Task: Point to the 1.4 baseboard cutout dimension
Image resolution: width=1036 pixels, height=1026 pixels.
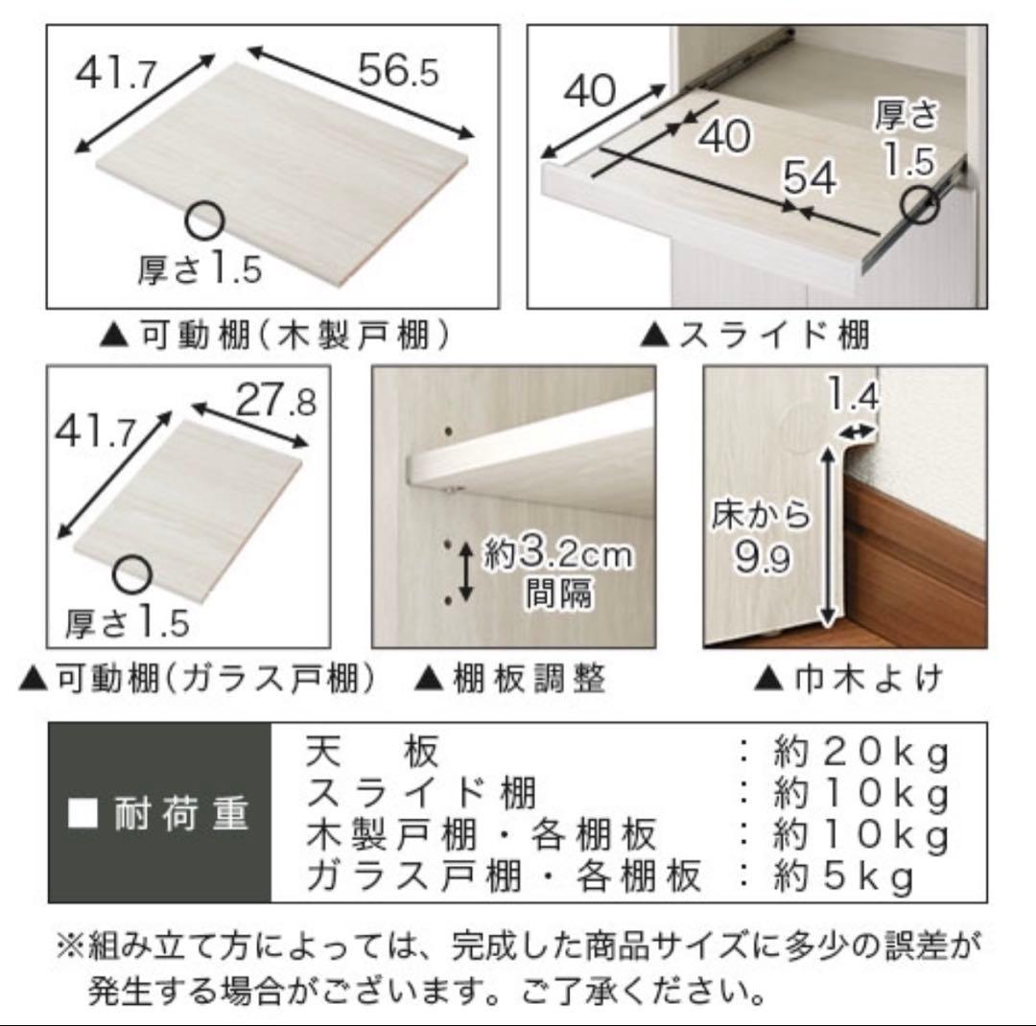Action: pyautogui.click(x=851, y=394)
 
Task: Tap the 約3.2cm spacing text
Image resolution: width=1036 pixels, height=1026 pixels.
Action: pyautogui.click(x=557, y=555)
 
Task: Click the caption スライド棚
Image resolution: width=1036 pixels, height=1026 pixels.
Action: pyautogui.click(x=755, y=335)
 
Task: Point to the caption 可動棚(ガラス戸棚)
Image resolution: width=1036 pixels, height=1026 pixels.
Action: pyautogui.click(x=197, y=679)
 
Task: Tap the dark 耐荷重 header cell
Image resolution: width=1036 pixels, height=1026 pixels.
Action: pyautogui.click(x=160, y=813)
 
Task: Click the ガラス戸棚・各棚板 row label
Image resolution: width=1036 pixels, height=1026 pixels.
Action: pyautogui.click(x=505, y=877)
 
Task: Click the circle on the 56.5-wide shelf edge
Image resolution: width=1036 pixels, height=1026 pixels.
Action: pyautogui.click(x=204, y=222)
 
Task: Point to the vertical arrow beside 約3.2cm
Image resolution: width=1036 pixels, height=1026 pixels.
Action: pyautogui.click(x=465, y=571)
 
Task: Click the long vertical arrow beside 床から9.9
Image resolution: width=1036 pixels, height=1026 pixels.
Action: pyautogui.click(x=823, y=537)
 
